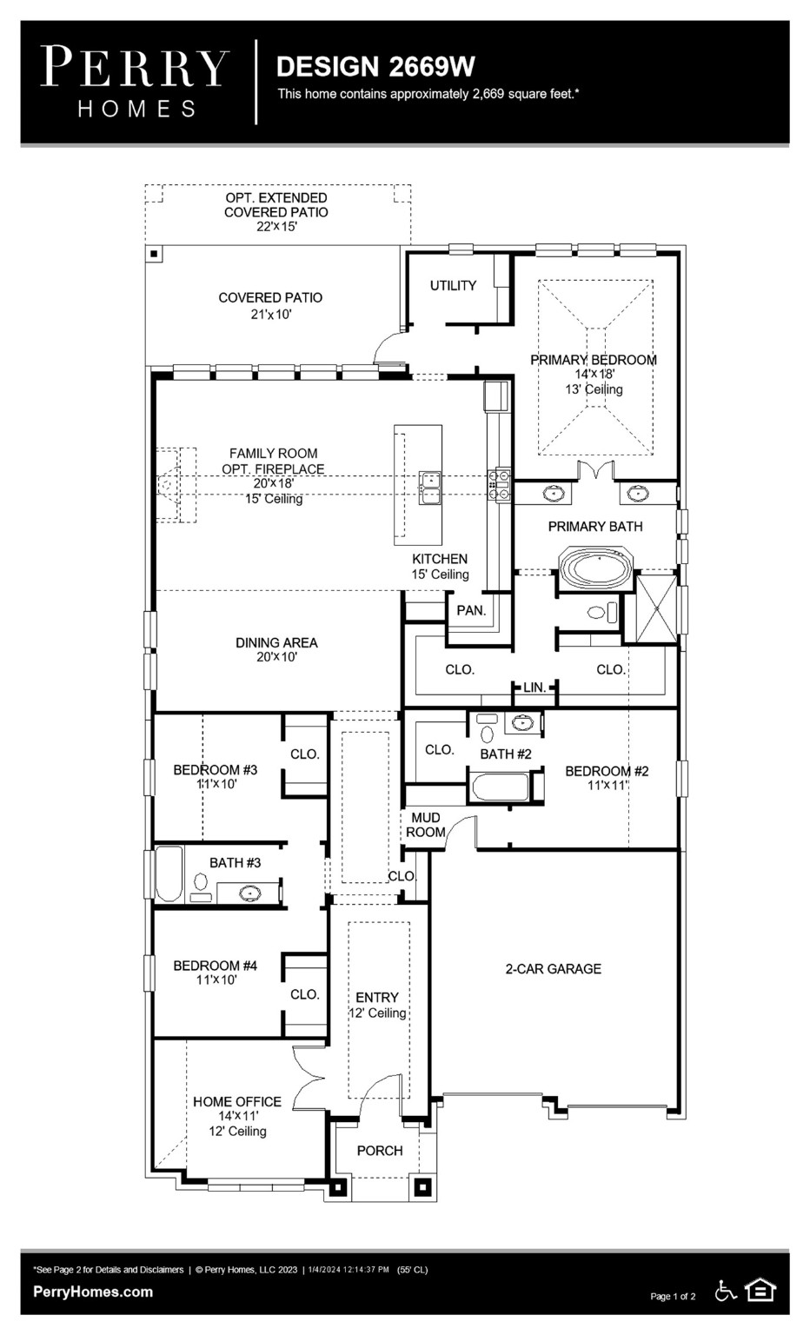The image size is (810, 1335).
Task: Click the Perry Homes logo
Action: tap(135, 82)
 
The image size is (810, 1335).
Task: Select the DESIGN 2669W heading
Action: tap(375, 66)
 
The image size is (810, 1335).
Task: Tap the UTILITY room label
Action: tap(453, 285)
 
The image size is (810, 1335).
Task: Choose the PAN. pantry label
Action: tap(471, 610)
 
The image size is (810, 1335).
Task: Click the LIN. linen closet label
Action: tap(534, 687)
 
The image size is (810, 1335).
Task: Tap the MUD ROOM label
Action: tap(426, 825)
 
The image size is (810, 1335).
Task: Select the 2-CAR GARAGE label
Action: tap(554, 968)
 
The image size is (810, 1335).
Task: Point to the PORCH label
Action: tap(380, 1151)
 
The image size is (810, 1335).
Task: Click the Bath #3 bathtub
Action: tap(169, 874)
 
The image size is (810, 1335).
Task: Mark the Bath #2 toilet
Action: tap(486, 734)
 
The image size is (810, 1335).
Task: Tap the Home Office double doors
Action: tap(309, 1074)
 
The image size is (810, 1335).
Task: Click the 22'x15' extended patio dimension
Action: tap(276, 227)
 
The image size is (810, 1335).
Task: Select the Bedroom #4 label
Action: tap(215, 966)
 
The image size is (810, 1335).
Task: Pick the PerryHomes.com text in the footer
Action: tap(93, 1292)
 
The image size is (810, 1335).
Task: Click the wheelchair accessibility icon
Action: tap(726, 1291)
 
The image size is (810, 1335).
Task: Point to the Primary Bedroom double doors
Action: tap(596, 472)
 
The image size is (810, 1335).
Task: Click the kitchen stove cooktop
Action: tap(501, 485)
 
